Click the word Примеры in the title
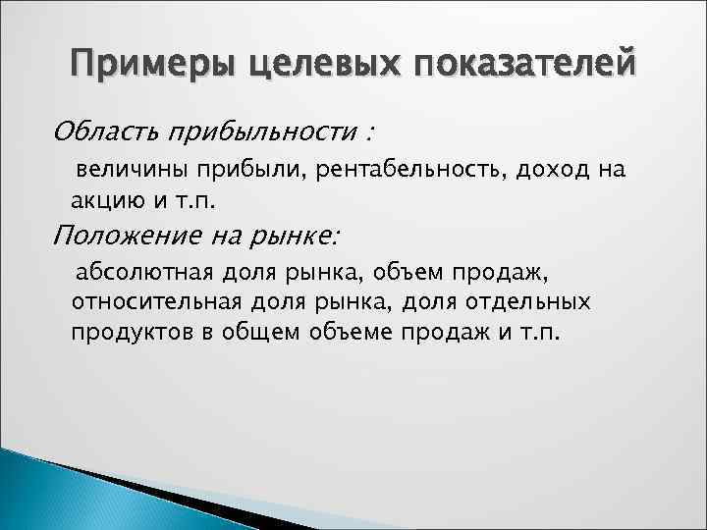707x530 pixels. pyautogui.click(x=138, y=67)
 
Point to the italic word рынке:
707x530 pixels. pyautogui.click(x=299, y=236)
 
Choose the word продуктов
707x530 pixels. pyautogui.click(x=122, y=332)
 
